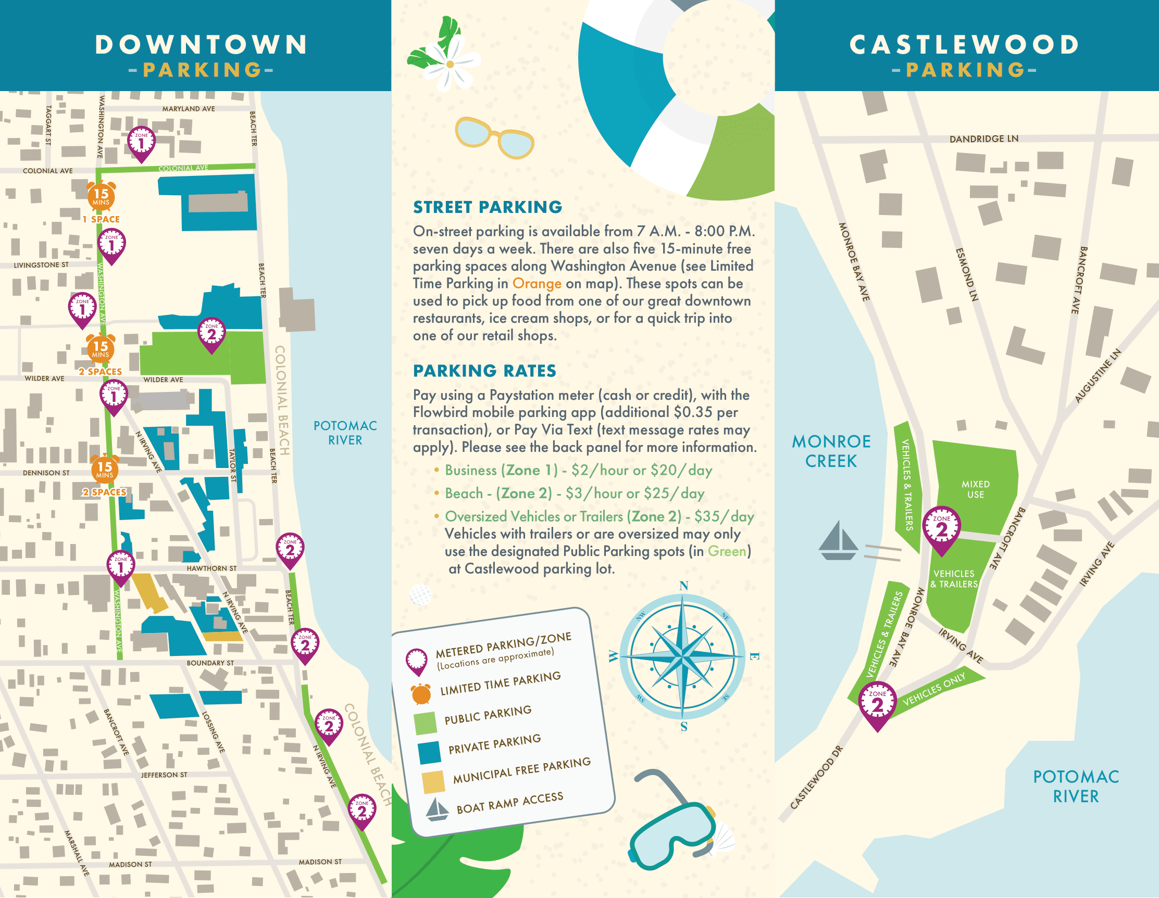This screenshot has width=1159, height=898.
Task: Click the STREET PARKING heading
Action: tap(487, 207)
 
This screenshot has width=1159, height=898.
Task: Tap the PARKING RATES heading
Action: tap(484, 371)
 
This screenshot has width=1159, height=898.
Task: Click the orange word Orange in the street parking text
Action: tap(537, 283)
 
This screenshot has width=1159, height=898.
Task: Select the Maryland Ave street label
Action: tap(189, 109)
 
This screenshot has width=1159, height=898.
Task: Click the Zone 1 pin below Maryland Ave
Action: tap(141, 142)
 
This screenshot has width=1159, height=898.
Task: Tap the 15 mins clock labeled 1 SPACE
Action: tap(101, 195)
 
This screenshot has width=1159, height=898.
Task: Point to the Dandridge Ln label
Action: tap(983, 139)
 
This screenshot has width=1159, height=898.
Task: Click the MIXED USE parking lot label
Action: tap(976, 489)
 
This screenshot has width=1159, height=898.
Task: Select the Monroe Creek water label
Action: tap(831, 451)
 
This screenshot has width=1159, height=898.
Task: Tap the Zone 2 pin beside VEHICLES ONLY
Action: tap(877, 704)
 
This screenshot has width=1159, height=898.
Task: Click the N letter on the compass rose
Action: tap(683, 586)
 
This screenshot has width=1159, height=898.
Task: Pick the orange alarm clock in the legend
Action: tap(421, 694)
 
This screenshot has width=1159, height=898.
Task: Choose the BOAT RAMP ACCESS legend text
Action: tap(509, 803)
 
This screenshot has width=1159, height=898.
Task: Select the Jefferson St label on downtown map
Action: tap(164, 775)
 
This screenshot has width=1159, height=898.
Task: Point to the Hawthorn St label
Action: tap(211, 568)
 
